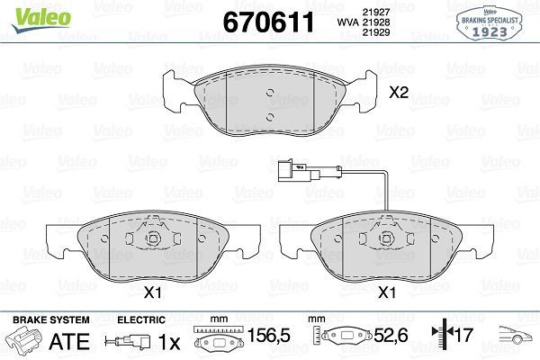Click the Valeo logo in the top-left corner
click(41, 19)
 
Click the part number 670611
click(268, 22)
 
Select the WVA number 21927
click(375, 12)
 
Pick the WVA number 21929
click(375, 32)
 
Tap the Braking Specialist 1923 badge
click(490, 23)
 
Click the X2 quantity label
click(399, 92)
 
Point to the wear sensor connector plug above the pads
click(292, 170)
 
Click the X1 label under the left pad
click(153, 292)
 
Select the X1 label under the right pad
click(387, 292)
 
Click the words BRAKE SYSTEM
click(51, 319)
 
